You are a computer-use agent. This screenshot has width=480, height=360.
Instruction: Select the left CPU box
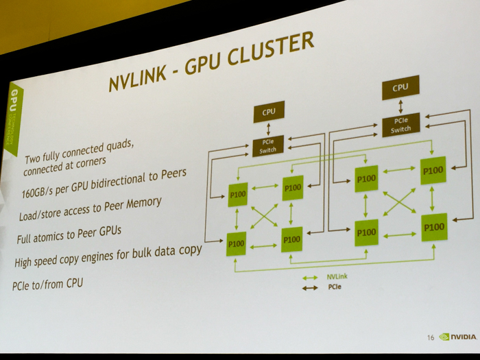268,111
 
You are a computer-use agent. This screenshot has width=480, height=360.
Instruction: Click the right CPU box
400,88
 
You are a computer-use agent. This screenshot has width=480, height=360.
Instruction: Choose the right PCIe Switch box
400,125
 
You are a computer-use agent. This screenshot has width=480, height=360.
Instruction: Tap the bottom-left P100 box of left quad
237,243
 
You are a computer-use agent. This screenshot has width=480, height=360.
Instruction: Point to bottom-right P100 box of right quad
434,227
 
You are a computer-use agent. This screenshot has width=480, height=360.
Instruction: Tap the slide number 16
430,337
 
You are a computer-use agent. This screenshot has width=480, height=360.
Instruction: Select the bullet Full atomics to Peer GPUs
69,235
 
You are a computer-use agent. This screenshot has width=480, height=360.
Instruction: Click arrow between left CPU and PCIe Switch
268,130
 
